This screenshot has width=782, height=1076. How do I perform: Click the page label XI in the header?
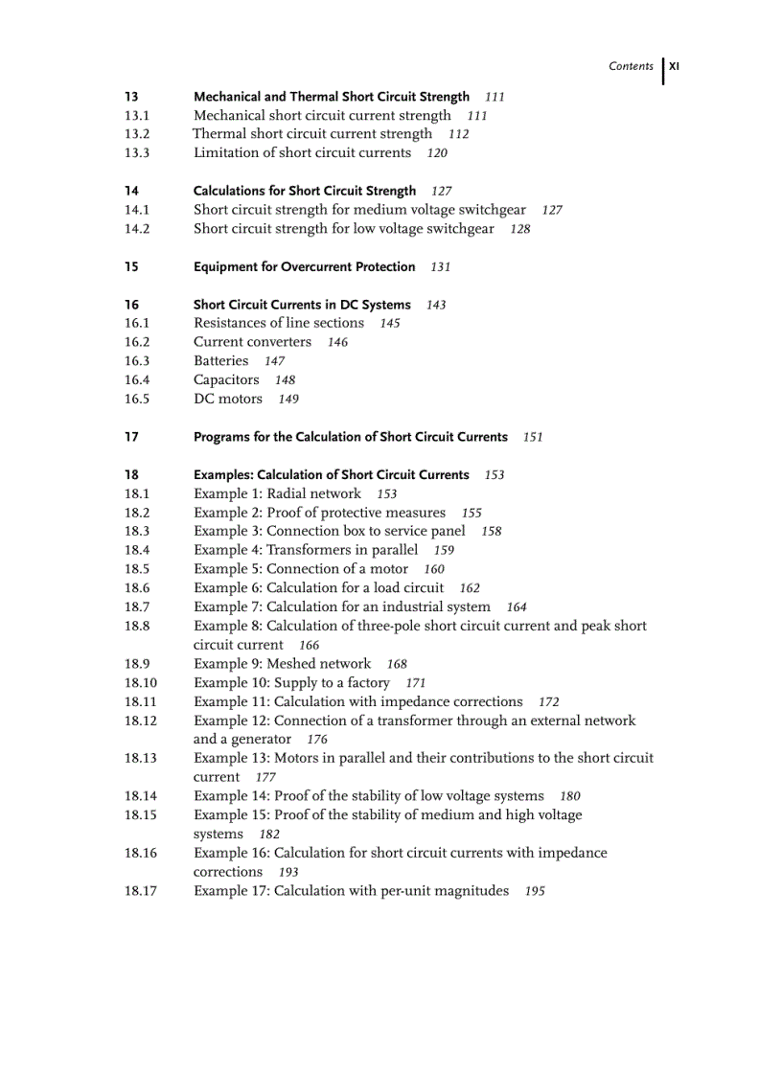point(674,67)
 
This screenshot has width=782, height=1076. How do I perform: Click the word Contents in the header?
point(631,67)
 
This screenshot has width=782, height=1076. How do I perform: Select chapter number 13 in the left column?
point(131,97)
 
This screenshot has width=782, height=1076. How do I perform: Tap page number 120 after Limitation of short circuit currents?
point(437,153)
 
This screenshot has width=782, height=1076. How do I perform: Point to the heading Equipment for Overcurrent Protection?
point(304,267)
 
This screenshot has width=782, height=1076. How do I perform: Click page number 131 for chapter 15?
point(440,267)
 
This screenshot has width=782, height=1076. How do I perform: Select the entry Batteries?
point(220,361)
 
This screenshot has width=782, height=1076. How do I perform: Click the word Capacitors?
point(226,380)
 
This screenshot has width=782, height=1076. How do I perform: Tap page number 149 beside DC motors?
point(288,400)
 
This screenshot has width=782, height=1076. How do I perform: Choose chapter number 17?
point(131,437)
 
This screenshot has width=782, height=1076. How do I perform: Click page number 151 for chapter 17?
point(533,437)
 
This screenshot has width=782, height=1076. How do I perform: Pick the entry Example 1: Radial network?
point(277,493)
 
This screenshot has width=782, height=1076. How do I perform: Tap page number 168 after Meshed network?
point(397,664)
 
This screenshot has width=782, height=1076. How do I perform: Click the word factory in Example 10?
point(365,683)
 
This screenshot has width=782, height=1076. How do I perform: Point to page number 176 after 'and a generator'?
point(317,740)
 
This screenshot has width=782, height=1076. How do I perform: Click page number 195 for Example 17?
point(535,891)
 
